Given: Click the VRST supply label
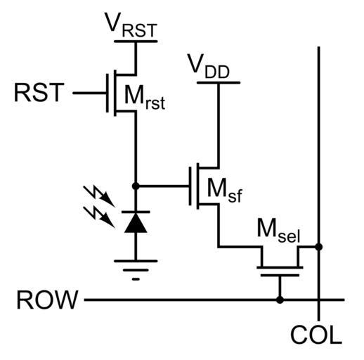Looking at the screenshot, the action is (x=131, y=25).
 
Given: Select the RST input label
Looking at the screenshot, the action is (x=39, y=92).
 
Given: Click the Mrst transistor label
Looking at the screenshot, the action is (x=145, y=97).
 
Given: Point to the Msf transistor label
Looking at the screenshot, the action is (x=224, y=191).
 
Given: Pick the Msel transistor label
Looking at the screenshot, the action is (x=278, y=231).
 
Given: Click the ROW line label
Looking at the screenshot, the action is (x=47, y=300).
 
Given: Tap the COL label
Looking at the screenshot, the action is (x=316, y=334).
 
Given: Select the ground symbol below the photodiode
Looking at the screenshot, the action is (x=136, y=270).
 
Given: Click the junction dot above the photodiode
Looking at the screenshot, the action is (x=136, y=186).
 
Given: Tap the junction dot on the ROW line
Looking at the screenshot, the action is (x=280, y=300).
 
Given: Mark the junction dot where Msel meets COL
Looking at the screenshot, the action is (x=318, y=247).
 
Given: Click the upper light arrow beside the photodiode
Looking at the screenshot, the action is (x=99, y=196).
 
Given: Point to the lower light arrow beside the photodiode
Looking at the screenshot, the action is (x=99, y=217).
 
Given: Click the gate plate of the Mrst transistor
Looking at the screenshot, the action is (x=108, y=93).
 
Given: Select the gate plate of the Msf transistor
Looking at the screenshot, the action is (x=190, y=186).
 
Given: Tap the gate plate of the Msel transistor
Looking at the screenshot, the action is (x=280, y=275).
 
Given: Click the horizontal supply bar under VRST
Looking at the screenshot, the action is (x=136, y=41).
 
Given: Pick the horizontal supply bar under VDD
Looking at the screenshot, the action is (x=219, y=82).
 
